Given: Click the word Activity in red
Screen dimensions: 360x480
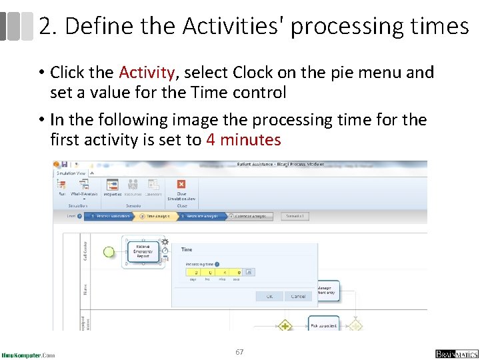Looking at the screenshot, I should click(147, 73).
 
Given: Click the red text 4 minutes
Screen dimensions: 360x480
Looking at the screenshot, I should click(243, 140).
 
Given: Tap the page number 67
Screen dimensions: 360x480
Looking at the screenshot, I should click(240, 351).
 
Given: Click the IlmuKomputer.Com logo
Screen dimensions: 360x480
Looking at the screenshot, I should click(28, 354).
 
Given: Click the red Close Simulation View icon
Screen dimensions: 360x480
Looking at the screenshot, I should click(181, 185).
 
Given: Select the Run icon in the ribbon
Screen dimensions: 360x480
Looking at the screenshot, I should click(62, 186).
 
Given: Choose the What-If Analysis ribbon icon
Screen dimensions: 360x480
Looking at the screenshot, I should click(85, 186).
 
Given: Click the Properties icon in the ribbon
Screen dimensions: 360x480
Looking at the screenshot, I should click(112, 186).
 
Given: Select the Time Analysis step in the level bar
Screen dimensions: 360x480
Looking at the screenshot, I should click(158, 216).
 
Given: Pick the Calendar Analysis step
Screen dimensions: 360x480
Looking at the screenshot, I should click(249, 216).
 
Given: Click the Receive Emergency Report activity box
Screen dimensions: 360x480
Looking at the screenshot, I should click(143, 251).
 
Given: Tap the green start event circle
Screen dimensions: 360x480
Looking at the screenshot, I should click(109, 251).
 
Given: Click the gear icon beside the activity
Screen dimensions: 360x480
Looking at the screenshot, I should click(165, 242).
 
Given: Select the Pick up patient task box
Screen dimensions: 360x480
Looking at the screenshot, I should click(324, 324).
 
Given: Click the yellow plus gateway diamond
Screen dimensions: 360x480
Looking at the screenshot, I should click(285, 326).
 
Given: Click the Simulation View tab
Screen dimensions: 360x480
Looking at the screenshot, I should click(71, 173).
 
